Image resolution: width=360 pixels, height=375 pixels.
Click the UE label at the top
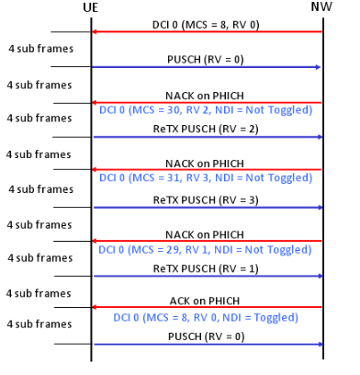[x=91, y=9]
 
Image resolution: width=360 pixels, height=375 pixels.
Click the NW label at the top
[x=323, y=9]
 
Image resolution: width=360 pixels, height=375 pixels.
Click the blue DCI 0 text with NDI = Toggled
[x=207, y=317]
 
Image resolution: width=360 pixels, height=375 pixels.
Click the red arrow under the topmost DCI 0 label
[x=207, y=32]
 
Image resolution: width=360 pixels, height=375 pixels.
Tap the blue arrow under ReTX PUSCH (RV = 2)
[x=207, y=138]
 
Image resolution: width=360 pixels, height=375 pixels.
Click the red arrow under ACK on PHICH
[x=207, y=309]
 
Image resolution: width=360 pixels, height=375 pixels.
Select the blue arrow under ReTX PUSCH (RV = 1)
[x=207, y=276]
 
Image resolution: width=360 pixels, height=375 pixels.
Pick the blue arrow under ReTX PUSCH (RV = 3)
[x=207, y=207]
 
